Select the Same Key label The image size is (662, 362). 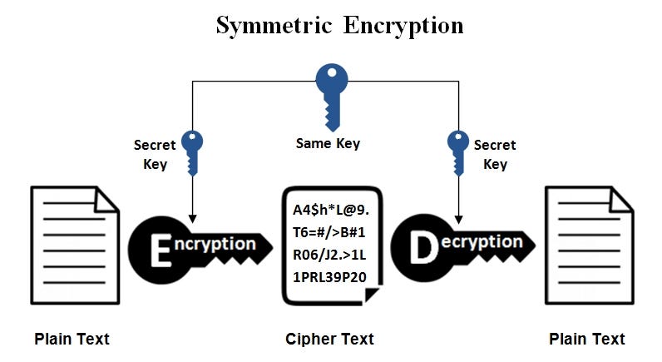pyautogui.click(x=328, y=143)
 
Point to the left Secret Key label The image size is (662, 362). pyautogui.click(x=155, y=154)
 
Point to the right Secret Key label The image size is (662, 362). pyautogui.click(x=495, y=154)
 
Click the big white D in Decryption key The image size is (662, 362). pyautogui.click(x=422, y=247)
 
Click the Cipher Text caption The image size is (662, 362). pyautogui.click(x=329, y=339)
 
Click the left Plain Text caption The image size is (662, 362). pyautogui.click(x=72, y=339)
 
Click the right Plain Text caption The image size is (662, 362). pyautogui.click(x=587, y=339)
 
